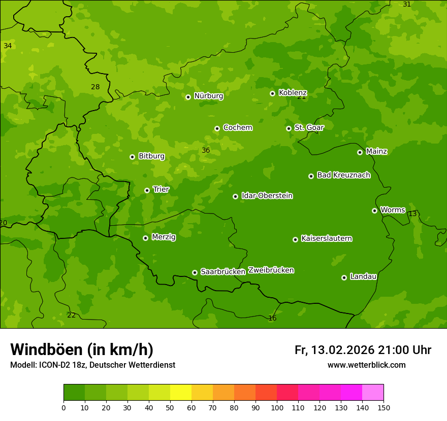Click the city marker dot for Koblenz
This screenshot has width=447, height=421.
pyautogui.click(x=272, y=93)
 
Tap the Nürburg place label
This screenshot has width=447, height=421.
pyautogui.click(x=208, y=96)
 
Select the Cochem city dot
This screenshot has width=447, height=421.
pyautogui.click(x=217, y=128)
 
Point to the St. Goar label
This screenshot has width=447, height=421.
pyautogui.click(x=309, y=128)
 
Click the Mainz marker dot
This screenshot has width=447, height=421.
pyautogui.click(x=360, y=152)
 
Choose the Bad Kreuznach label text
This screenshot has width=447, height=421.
pyautogui.click(x=343, y=176)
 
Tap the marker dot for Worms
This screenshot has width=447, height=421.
pyautogui.click(x=374, y=210)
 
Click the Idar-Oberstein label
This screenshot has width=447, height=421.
pyautogui.click(x=267, y=196)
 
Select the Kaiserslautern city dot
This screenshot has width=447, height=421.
pyautogui.click(x=295, y=239)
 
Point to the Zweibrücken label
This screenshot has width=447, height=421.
pyautogui.click(x=271, y=270)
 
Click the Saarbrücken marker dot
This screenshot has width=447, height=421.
pyautogui.click(x=195, y=272)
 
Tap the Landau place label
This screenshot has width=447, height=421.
pyautogui.click(x=363, y=277)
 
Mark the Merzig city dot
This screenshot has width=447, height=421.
pyautogui.click(x=145, y=238)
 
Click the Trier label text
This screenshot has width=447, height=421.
pyautogui.click(x=161, y=190)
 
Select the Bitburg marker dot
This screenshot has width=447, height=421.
pyautogui.click(x=132, y=157)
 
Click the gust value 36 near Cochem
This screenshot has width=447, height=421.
pyautogui.click(x=206, y=150)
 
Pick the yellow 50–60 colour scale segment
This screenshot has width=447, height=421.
pyautogui.click(x=181, y=393)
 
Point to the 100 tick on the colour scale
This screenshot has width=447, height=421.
pyautogui.click(x=277, y=407)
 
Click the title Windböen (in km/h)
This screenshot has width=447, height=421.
pyautogui.click(x=82, y=349)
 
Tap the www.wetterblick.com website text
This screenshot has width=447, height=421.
pyautogui.click(x=366, y=365)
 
